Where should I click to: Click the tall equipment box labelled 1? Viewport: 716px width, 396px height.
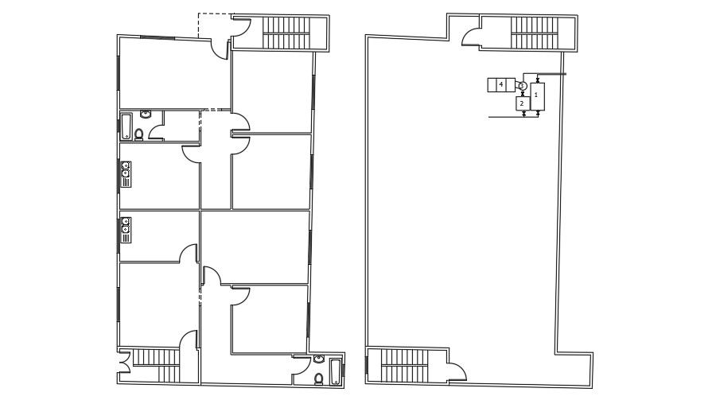tap(537, 96)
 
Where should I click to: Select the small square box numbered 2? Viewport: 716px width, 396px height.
tap(522, 103)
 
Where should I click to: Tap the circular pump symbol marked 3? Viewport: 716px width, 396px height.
tap(523, 85)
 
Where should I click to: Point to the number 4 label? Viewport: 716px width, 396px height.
tap(501, 84)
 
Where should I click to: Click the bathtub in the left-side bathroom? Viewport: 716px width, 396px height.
tap(126, 126)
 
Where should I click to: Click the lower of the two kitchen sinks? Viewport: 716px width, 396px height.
tap(126, 230)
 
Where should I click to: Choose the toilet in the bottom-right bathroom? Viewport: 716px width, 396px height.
tap(319, 379)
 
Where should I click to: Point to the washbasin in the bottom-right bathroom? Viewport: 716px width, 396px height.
tap(319, 359)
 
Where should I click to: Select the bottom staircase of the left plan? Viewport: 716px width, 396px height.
tap(156, 365)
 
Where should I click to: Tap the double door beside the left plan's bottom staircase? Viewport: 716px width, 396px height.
tap(123, 368)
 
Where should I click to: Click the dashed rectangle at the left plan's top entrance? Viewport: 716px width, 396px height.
tap(215, 25)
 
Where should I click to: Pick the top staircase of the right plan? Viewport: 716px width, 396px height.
tap(536, 33)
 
